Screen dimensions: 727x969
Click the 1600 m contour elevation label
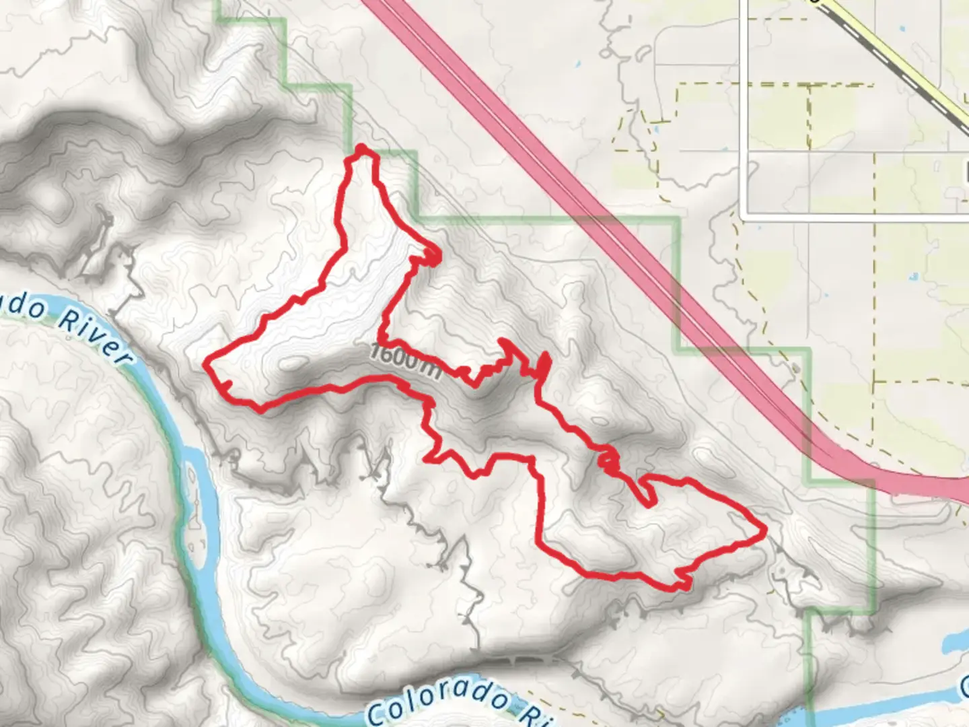[x=406, y=361]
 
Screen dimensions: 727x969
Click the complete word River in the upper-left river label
[x=94, y=335]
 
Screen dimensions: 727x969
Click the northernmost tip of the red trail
[x=362, y=149]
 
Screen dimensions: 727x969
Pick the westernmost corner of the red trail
[x=207, y=362]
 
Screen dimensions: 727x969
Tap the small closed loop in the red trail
[x=608, y=460]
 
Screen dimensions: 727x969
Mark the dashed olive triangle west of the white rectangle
[x=633, y=131]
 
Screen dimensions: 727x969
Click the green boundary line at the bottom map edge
[x=810, y=714]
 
